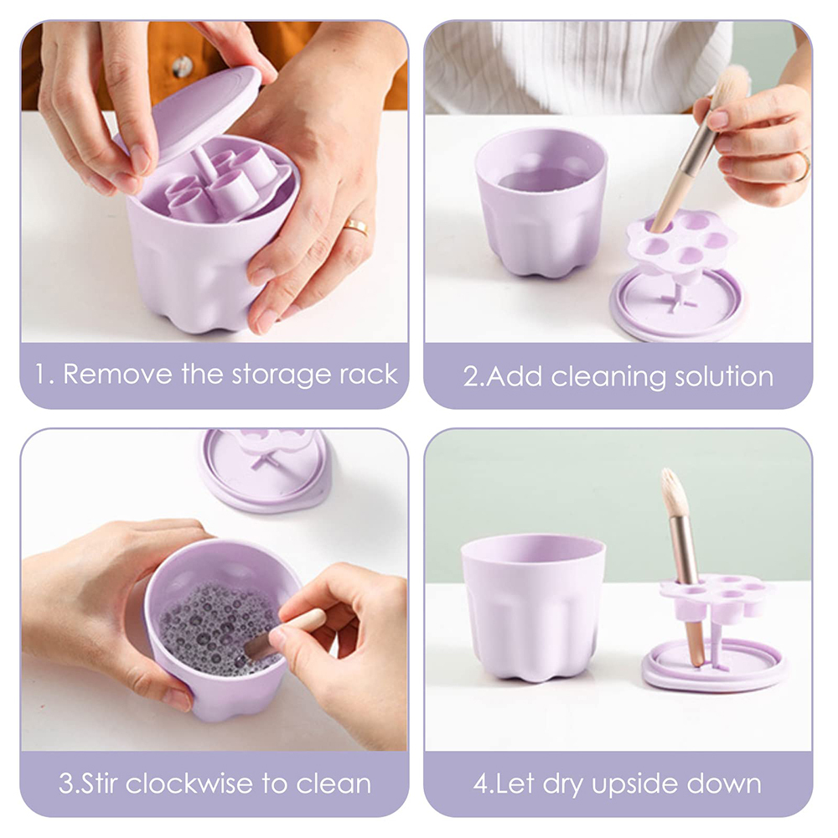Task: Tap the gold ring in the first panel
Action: click(x=356, y=226)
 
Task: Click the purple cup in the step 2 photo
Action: click(x=541, y=202)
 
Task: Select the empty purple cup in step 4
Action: click(x=533, y=608)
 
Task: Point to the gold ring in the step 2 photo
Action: click(x=803, y=166)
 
